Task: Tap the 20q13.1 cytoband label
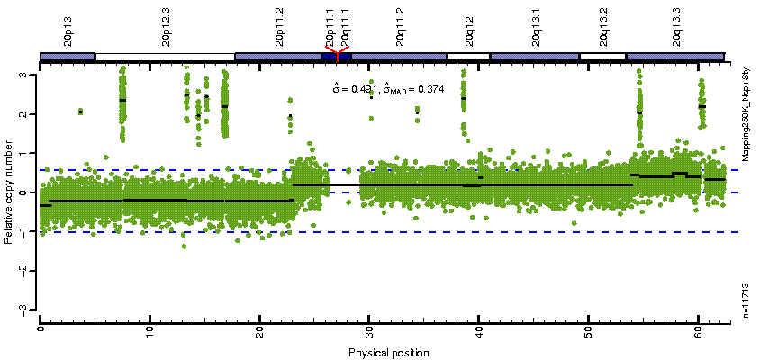(x=536, y=24)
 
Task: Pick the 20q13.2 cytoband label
(x=602, y=24)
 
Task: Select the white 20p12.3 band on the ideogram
(x=165, y=58)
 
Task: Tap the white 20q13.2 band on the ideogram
(x=602, y=58)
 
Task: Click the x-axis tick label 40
(x=479, y=330)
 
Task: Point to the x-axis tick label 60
(x=698, y=330)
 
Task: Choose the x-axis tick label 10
(x=149, y=330)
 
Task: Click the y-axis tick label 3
(x=32, y=76)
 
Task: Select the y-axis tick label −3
(x=31, y=309)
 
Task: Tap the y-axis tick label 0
(x=32, y=193)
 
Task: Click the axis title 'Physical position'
(x=388, y=351)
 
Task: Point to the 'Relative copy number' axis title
(x=10, y=193)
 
